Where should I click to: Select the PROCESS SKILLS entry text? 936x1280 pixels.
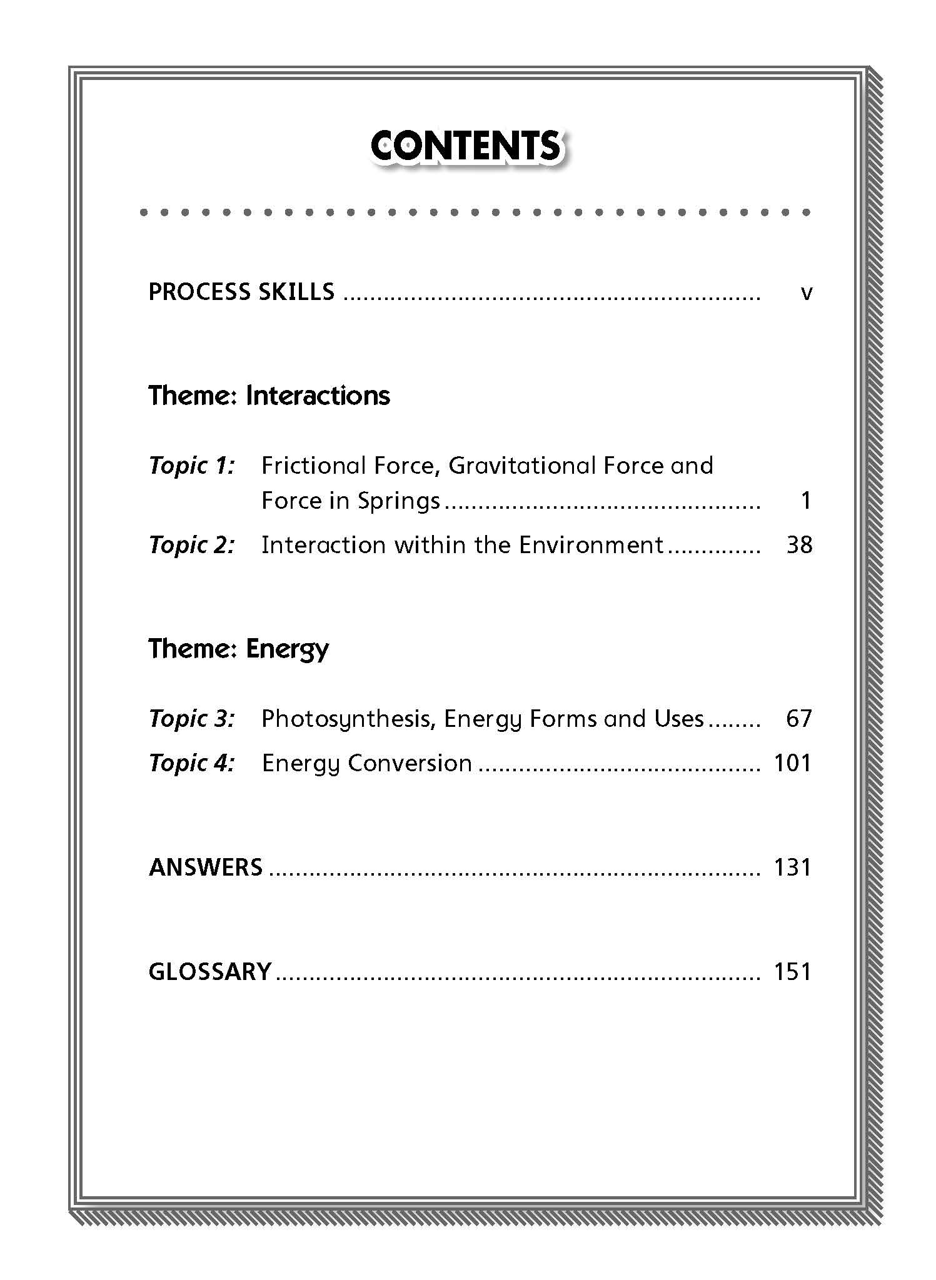(x=241, y=292)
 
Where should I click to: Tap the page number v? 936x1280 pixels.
(x=806, y=292)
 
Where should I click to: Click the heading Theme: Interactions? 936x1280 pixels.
(x=269, y=396)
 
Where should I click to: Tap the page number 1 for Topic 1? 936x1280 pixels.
(x=805, y=501)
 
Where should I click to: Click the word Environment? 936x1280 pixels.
(x=591, y=545)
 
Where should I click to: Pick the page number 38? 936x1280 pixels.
(x=799, y=545)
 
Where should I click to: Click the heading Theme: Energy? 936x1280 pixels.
(x=238, y=649)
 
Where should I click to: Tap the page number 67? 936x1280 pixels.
(x=799, y=719)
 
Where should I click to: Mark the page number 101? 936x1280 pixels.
(x=792, y=763)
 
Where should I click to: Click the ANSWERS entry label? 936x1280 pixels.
(x=206, y=867)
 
